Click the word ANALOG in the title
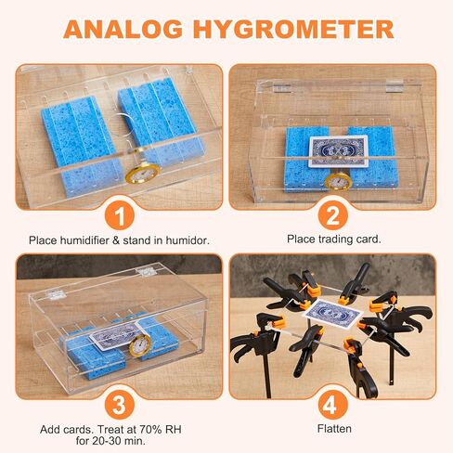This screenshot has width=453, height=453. pyautogui.click(x=123, y=30)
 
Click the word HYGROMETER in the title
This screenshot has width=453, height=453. pyautogui.click(x=293, y=30)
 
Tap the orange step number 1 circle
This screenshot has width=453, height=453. pyautogui.click(x=120, y=215)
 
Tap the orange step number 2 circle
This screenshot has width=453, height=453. pyautogui.click(x=333, y=215)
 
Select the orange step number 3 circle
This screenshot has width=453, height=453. pyautogui.click(x=120, y=405)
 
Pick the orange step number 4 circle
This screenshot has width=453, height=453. pyautogui.click(x=333, y=405)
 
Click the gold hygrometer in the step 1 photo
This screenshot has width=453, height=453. pyautogui.click(x=143, y=175)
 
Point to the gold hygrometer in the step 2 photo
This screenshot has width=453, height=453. pyautogui.click(x=339, y=181)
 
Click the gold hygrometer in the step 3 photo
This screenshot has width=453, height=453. pyautogui.click(x=140, y=344)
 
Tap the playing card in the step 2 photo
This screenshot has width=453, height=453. pyautogui.click(x=339, y=151)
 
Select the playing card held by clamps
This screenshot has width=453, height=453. pyautogui.click(x=334, y=314)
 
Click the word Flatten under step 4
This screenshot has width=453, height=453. pyautogui.click(x=334, y=429)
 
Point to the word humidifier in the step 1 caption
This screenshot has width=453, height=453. pyautogui.click(x=84, y=240)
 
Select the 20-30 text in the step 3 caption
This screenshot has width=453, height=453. pyautogui.click(x=103, y=441)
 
